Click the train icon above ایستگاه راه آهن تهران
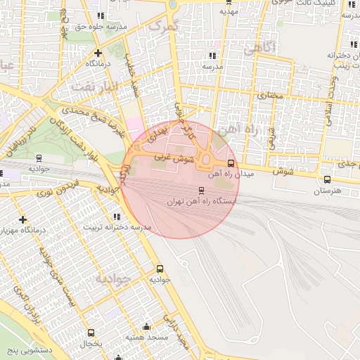[202, 190]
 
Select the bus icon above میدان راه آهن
[231, 164]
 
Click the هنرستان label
[326, 191]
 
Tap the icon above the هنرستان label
[327, 180]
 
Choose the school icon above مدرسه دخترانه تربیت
[116, 217]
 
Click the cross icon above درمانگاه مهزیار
[24, 220]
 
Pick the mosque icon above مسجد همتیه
[146, 327]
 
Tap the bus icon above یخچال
[90, 333]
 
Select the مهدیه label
[229, 11]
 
